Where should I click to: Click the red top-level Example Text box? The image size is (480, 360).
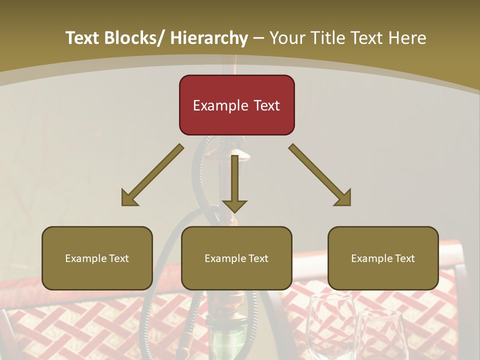point(236,105)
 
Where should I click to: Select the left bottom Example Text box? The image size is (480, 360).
point(97,258)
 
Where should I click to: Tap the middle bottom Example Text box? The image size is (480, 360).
point(236,258)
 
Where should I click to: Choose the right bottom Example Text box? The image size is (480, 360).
point(383,258)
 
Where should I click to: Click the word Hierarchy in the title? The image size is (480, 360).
point(209,38)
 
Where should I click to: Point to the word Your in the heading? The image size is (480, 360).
point(287,38)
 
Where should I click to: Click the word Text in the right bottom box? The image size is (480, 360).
point(405,258)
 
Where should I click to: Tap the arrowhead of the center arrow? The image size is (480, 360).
point(234,206)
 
